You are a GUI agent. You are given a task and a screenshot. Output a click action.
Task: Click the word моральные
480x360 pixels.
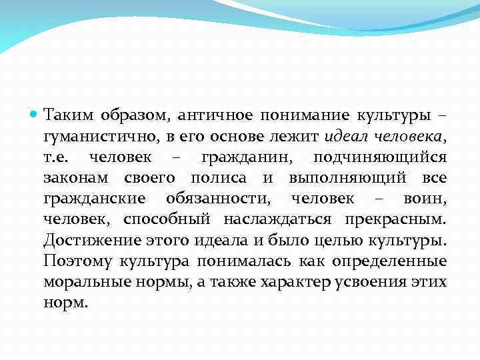(85, 282)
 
